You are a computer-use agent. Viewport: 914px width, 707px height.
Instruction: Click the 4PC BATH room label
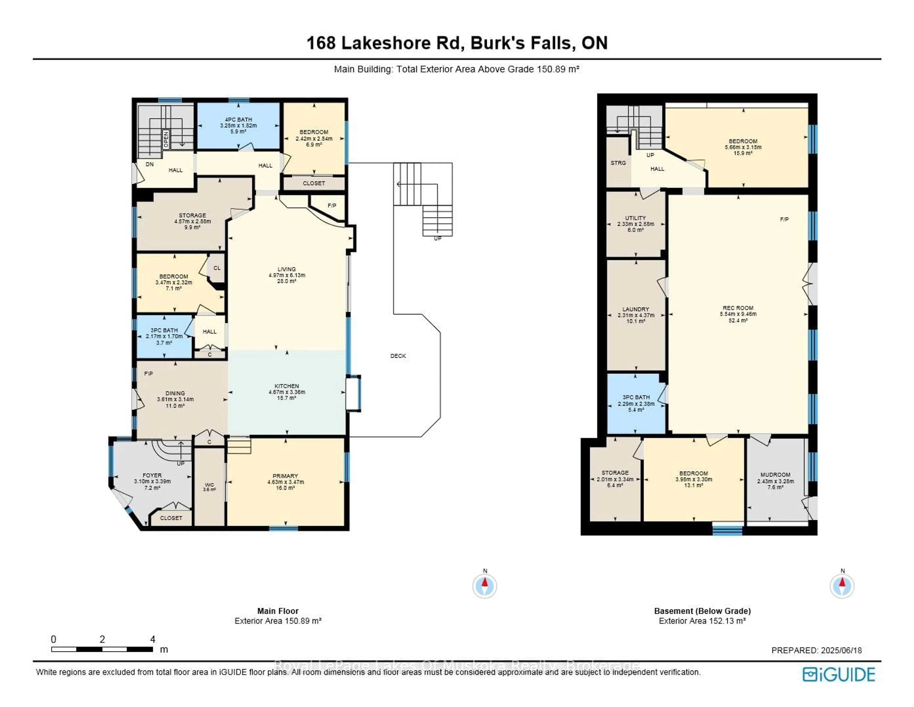tap(238, 119)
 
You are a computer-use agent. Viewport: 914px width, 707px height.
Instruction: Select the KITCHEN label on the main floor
tap(287, 386)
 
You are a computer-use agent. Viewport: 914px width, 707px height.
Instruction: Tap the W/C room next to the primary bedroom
tap(209, 486)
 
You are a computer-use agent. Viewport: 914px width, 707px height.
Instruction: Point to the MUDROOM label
tap(775, 475)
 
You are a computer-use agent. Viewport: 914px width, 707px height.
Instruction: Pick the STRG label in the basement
tap(618, 163)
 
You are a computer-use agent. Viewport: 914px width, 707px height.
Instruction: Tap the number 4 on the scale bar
tap(153, 639)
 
